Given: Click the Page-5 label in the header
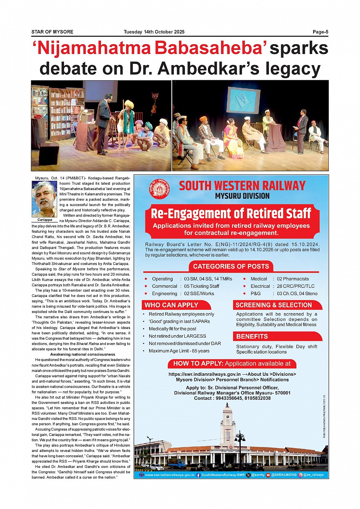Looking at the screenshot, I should click(x=320, y=32).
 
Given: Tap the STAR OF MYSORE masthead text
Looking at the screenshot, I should click(x=52, y=32).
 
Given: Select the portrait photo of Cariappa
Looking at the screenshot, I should click(x=44, y=199).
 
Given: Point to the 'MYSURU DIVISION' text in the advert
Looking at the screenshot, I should click(x=242, y=196).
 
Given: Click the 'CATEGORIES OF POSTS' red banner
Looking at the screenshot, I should click(x=231, y=266).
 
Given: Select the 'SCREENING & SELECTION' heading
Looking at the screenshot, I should click(x=274, y=305).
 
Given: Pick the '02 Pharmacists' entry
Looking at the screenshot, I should click(x=293, y=279).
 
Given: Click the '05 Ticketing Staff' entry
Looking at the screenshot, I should click(x=202, y=286).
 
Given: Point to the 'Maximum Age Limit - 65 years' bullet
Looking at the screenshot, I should click(x=179, y=351).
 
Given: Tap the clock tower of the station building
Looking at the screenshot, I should click(x=228, y=423).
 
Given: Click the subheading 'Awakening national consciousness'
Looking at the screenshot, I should click(x=83, y=354).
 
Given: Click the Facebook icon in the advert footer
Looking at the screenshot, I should click(x=198, y=475).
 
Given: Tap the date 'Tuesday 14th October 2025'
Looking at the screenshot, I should click(x=154, y=32).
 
